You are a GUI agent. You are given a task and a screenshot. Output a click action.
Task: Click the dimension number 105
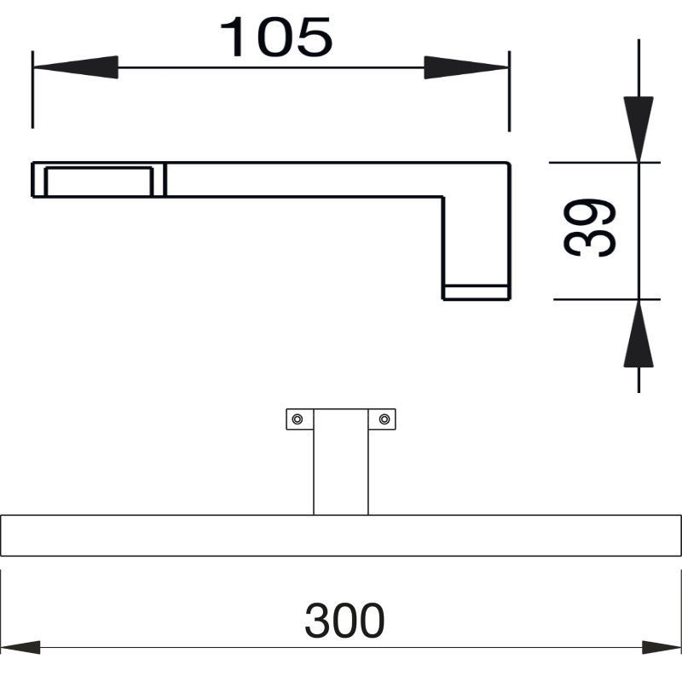[x=276, y=37]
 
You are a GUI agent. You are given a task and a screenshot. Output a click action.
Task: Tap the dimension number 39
[x=589, y=228]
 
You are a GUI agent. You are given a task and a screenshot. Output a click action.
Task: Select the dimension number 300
[x=344, y=621]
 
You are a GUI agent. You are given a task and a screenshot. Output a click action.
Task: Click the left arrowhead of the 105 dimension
[x=75, y=67]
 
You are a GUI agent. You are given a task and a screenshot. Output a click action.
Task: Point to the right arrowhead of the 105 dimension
[x=466, y=67]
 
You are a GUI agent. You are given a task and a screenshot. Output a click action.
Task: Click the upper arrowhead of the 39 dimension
[x=638, y=130]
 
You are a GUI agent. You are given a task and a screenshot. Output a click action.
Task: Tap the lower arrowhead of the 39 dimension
[x=638, y=333]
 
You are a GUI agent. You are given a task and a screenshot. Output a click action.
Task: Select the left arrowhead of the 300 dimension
[x=20, y=647]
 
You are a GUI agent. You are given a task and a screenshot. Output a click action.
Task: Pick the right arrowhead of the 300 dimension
[x=662, y=647]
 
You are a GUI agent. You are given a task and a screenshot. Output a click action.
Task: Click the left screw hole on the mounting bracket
[x=298, y=419]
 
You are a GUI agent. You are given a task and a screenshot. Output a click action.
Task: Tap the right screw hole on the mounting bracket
[x=384, y=419]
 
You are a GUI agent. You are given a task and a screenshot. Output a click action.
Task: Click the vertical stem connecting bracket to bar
[x=341, y=462]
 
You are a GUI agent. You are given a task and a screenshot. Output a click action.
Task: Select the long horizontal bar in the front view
[x=341, y=535]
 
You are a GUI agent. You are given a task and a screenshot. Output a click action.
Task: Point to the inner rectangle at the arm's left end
[x=99, y=167]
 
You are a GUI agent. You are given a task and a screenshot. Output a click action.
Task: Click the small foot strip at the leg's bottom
[x=477, y=292]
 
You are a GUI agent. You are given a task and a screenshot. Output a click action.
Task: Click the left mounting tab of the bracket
[x=300, y=419]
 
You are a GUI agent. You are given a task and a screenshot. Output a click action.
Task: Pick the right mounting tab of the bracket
[x=382, y=419]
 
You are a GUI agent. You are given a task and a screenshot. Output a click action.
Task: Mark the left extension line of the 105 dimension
[x=32, y=90]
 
